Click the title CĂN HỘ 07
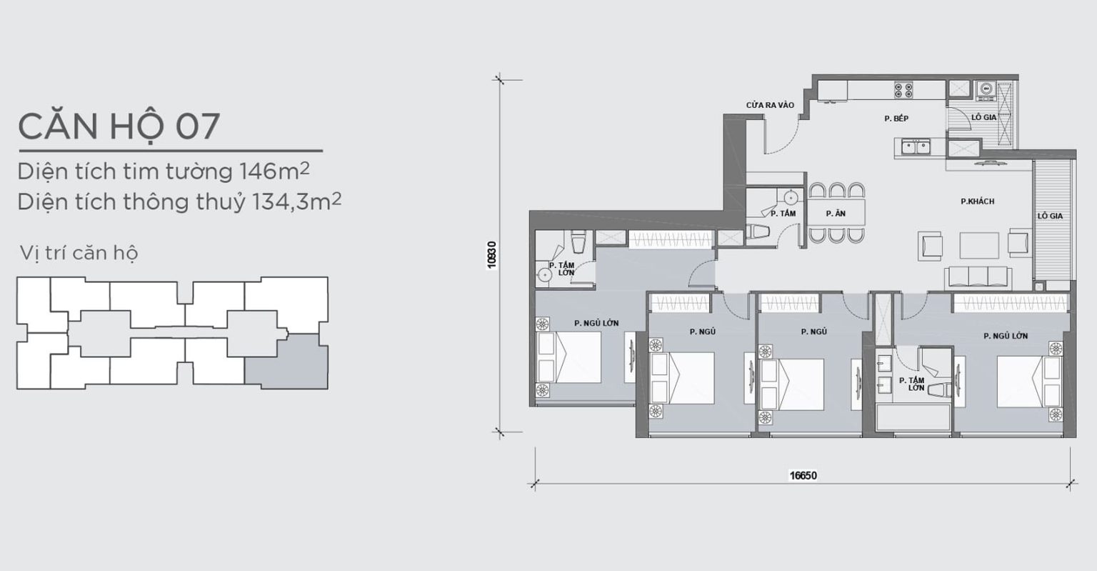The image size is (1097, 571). (119, 126)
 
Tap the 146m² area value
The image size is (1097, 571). (275, 171)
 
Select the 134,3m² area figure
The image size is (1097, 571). (297, 202)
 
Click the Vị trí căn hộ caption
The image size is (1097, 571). (79, 254)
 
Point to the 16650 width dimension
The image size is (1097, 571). (803, 475)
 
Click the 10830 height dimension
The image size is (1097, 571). (491, 255)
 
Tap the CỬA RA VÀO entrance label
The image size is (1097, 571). (770, 105)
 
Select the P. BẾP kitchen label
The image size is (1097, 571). (896, 118)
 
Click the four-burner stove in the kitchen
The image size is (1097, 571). (903, 90)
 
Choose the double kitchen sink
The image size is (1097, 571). (916, 147)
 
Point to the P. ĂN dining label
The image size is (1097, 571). (836, 213)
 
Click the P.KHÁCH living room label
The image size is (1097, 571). (978, 201)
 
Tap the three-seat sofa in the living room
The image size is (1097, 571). (978, 277)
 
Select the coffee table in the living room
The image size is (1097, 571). (979, 245)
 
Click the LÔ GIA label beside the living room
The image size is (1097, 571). (1050, 216)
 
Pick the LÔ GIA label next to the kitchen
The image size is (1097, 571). (984, 118)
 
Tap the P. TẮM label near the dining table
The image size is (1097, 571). (783, 213)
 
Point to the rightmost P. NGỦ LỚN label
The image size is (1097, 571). (1006, 336)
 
